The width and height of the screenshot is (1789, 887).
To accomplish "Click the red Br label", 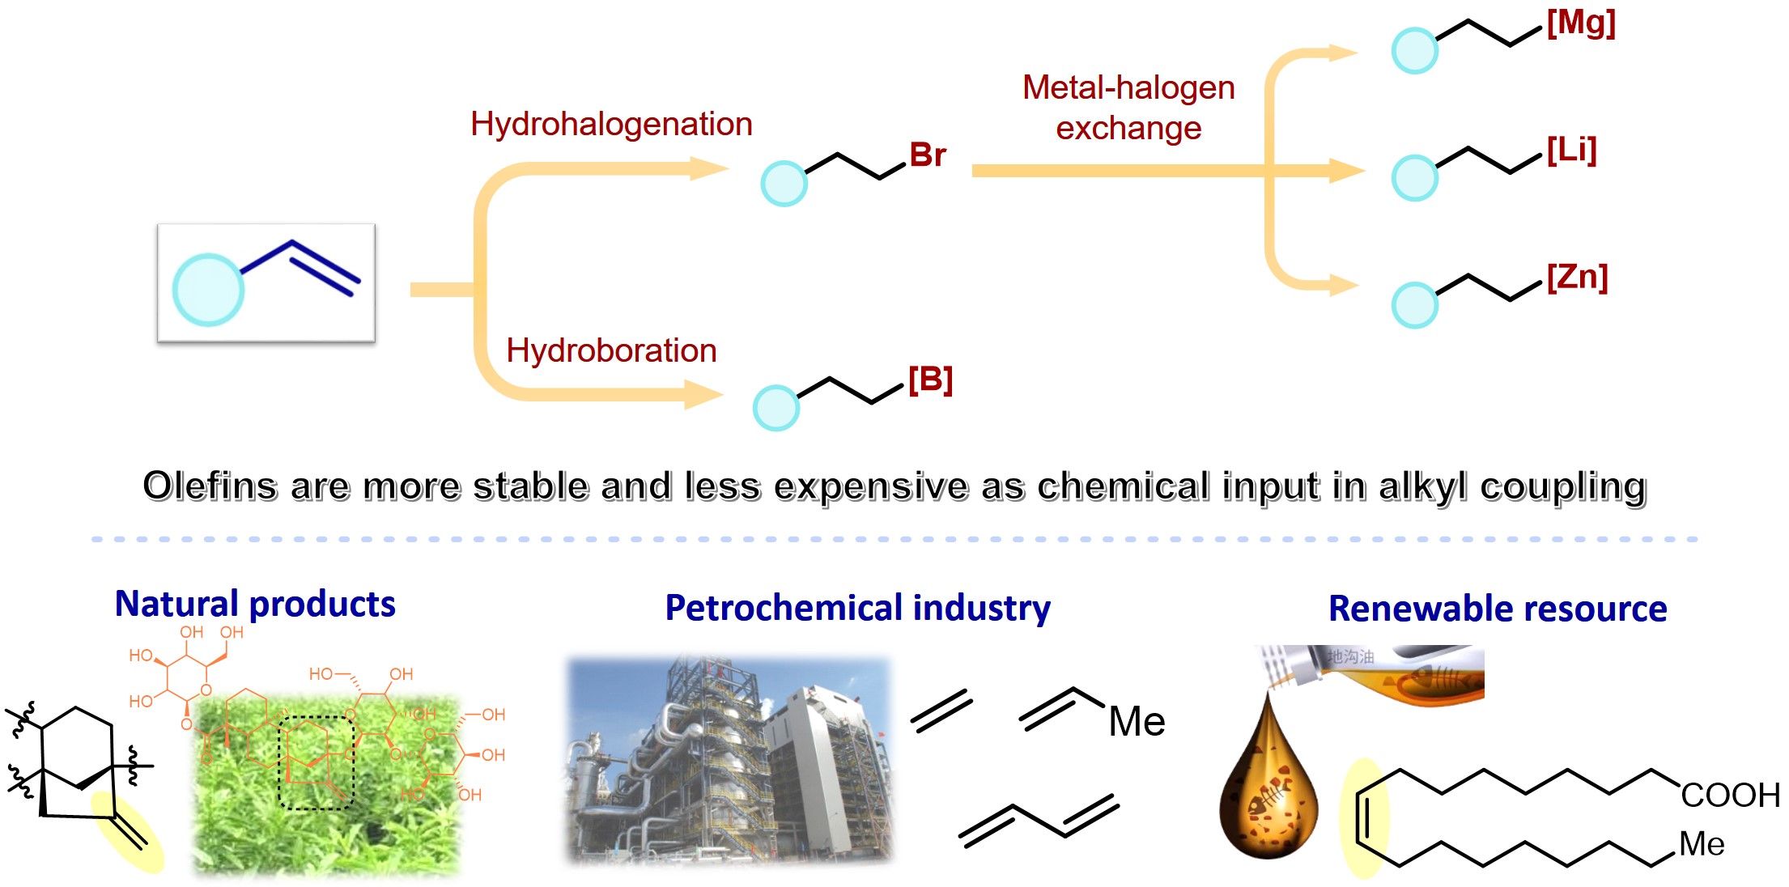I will pos(927,155).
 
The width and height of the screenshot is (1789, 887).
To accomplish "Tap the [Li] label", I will pos(1571,151).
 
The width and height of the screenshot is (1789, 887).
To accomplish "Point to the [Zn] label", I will pos(1576,278).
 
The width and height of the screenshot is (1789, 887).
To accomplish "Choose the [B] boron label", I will pos(930,380).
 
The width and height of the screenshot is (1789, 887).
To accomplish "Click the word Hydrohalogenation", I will pos(611,125).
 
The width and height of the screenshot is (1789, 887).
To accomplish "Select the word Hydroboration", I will pos(611,351).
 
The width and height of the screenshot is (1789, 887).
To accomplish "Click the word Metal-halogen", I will pos(1128,87).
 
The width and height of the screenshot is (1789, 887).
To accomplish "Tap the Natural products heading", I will pos(255,605).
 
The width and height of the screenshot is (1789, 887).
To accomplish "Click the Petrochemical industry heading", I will pos(857,609).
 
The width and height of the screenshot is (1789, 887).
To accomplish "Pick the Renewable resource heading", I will pos(1498,609).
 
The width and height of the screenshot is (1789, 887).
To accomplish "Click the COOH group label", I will pos(1730,796).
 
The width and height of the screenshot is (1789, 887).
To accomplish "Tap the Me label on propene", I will pos(1137,721).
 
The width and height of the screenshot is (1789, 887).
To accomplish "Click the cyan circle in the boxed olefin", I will pos(208,290).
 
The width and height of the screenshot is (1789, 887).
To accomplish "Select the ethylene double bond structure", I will pos(941,711).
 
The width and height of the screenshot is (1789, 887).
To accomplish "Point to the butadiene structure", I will pos(1039,820).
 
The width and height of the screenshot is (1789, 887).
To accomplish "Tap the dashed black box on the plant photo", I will pos(317,762).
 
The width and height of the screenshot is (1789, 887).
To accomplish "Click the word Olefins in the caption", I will pos(210,486).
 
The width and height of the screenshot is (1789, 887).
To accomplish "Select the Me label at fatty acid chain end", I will pos(1702,845).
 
